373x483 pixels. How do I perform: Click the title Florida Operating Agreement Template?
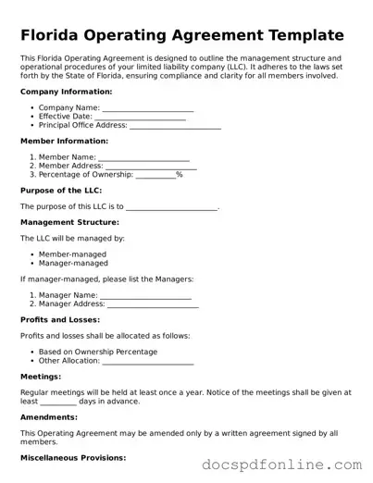(181, 36)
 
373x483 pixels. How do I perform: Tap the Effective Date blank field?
(139, 117)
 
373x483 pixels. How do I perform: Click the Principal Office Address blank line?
(176, 126)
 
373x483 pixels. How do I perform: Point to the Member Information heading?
(64, 141)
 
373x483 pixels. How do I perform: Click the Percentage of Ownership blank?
(155, 174)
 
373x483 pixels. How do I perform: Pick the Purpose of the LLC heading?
(61, 190)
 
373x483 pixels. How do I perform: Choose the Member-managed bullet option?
(72, 254)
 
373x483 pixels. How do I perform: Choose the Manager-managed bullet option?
(74, 263)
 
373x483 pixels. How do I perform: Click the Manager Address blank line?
(154, 304)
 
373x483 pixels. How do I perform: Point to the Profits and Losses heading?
(60, 319)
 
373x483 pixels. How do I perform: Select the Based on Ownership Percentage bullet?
(98, 352)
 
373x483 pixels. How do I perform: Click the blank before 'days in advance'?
(58, 402)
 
